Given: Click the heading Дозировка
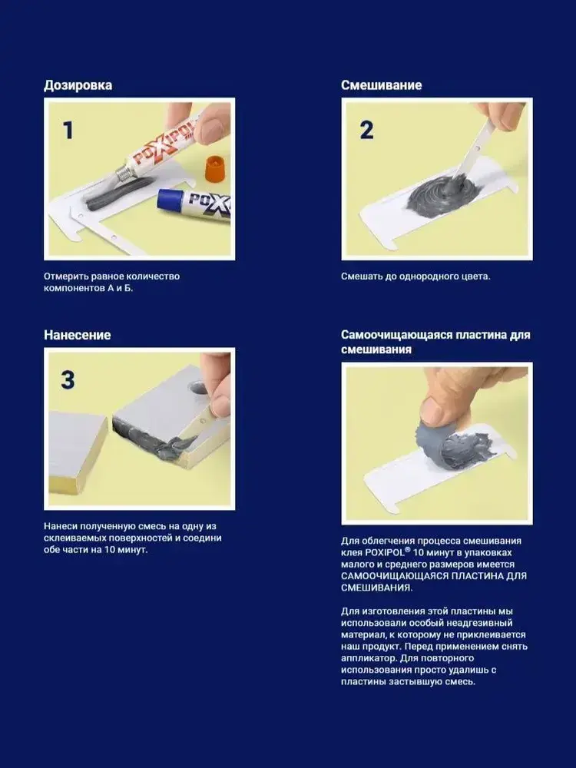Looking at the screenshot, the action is click(x=78, y=85).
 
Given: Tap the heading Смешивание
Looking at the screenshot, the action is click(x=381, y=85).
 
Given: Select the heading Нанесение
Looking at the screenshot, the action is click(x=78, y=335).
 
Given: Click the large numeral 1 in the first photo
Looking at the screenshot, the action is click(x=68, y=131).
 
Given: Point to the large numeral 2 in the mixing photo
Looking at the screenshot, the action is click(x=367, y=131).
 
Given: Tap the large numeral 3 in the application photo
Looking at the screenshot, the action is click(x=68, y=380).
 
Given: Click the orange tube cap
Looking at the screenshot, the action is click(x=217, y=168).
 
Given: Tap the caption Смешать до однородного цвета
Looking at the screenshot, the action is click(x=415, y=276).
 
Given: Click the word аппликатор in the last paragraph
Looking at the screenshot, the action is click(x=364, y=658).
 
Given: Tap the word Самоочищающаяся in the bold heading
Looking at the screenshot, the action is click(x=396, y=335).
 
